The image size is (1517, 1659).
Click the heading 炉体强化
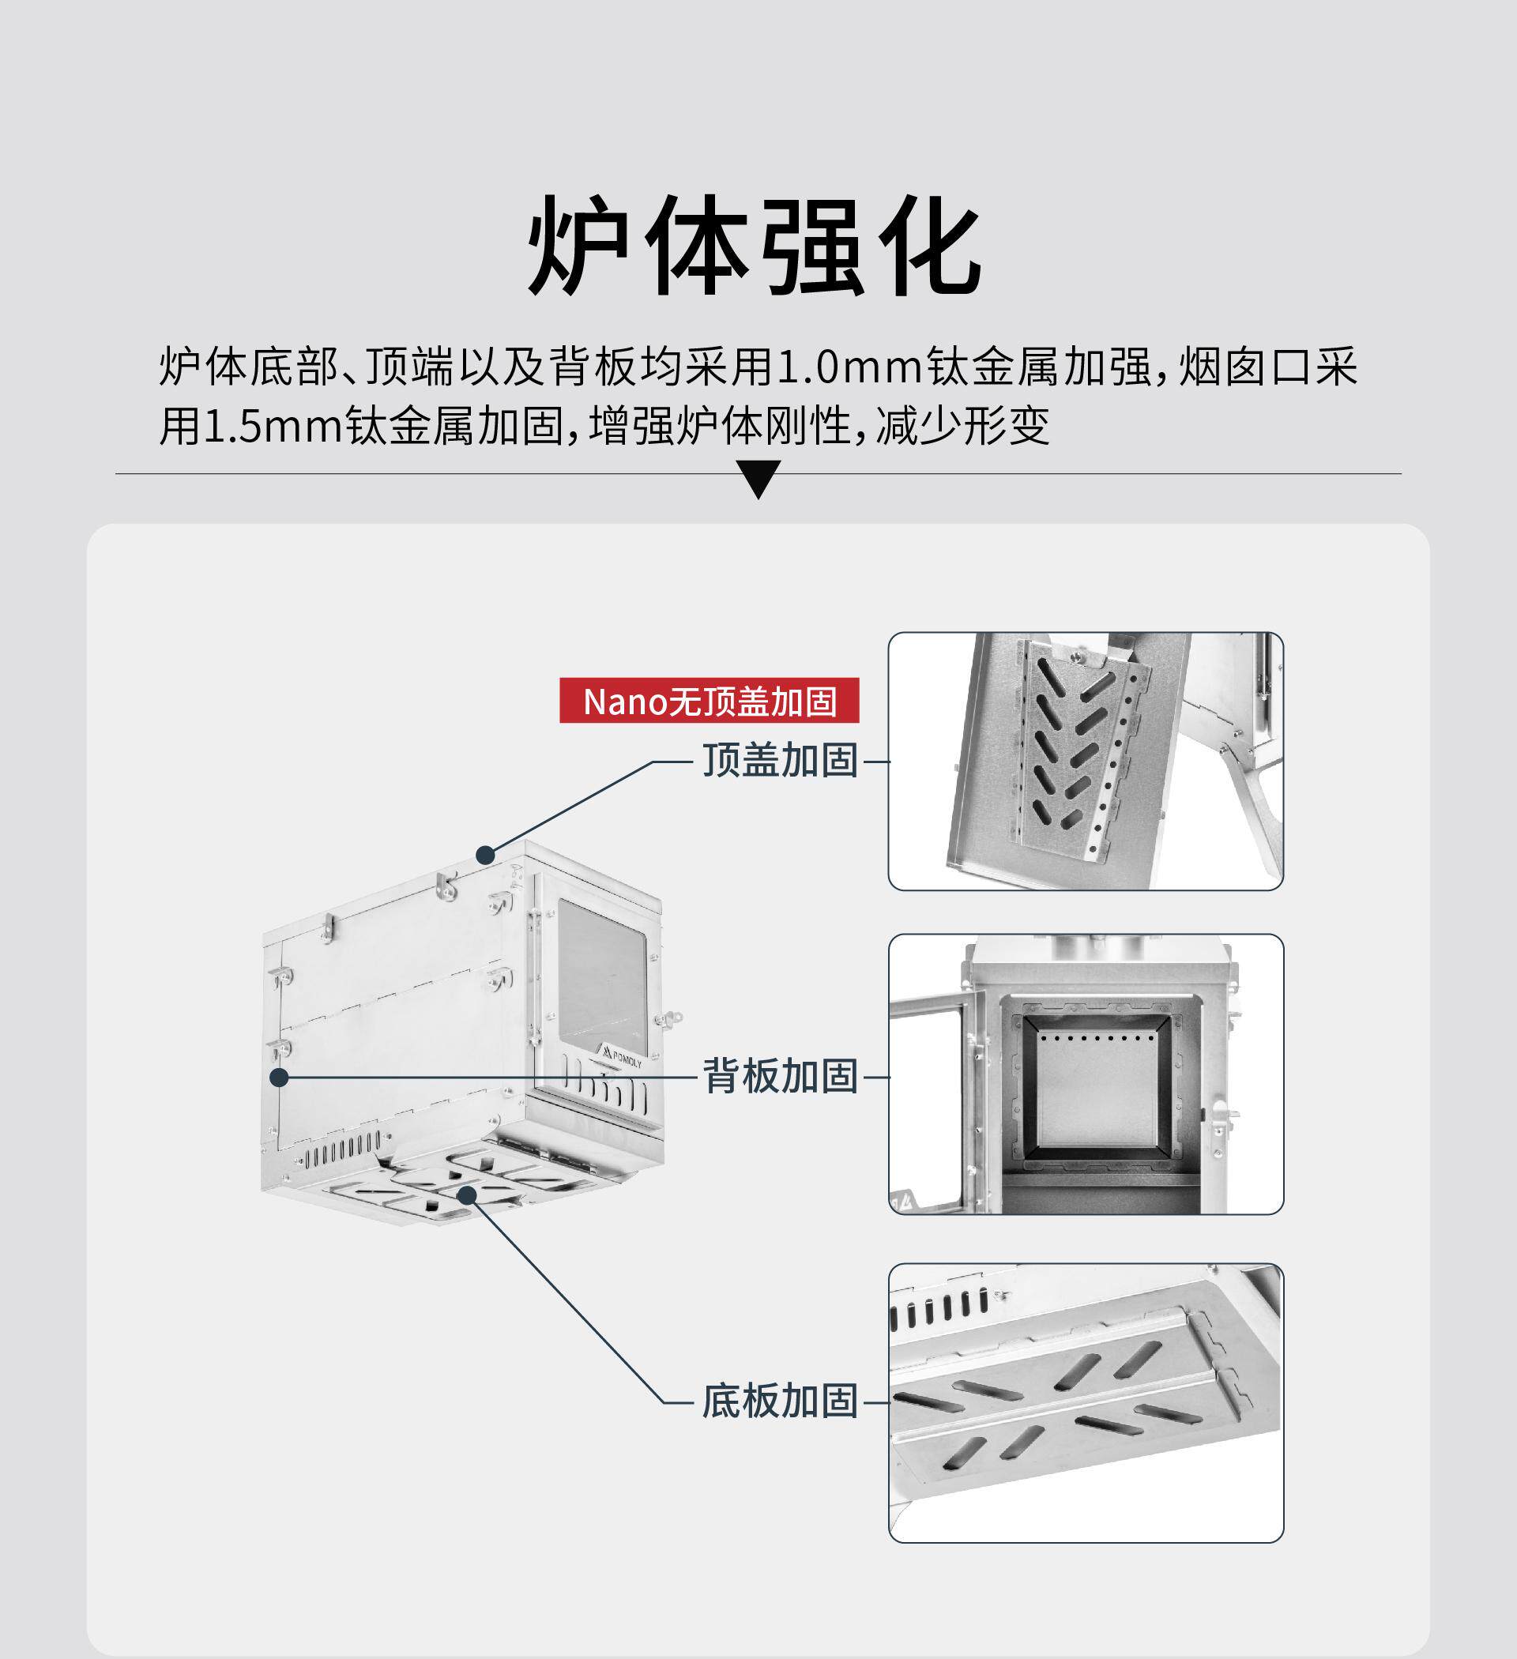point(754,246)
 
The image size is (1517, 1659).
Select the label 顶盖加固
point(779,760)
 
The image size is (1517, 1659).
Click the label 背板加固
point(779,1076)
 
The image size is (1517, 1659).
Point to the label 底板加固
point(779,1401)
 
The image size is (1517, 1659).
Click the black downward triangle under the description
point(758,479)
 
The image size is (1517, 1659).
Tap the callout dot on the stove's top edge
point(486,855)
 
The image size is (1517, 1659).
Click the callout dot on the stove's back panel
point(279,1076)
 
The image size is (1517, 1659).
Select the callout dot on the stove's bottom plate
point(467,1194)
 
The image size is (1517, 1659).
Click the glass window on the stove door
point(602,976)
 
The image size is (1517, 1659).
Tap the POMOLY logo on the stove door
point(622,1058)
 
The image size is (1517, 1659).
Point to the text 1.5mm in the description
point(272,427)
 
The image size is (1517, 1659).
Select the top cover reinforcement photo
point(1085,762)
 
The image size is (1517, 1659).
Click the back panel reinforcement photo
point(1085,1074)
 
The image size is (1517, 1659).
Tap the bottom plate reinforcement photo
point(1085,1402)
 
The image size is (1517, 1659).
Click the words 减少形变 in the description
point(963,427)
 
